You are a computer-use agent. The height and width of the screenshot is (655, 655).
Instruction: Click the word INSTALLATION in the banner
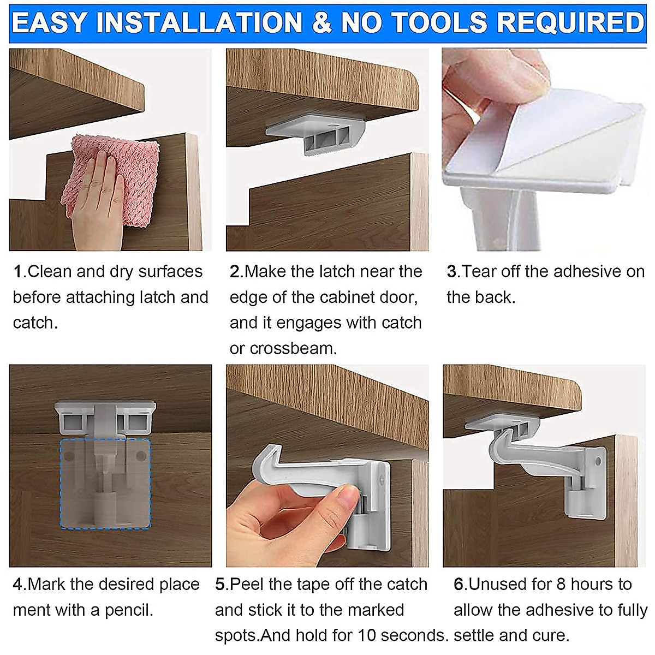(202, 23)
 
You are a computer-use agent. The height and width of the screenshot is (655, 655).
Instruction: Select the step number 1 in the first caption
(18, 272)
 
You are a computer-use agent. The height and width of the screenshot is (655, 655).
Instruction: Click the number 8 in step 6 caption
(561, 585)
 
